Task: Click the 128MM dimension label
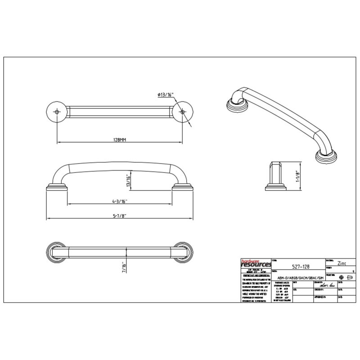point(119,140)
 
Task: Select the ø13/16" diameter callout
point(166,94)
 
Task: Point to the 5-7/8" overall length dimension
point(119,216)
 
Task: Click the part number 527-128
point(298,266)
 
